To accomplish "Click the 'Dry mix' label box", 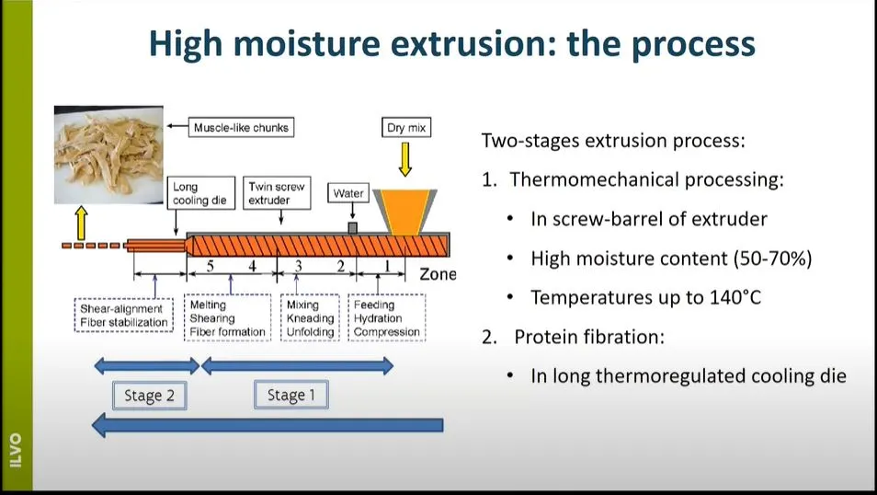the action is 406,128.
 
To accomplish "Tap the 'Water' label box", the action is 348,193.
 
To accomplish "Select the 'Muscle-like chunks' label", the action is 241,128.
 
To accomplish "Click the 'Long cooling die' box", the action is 200,193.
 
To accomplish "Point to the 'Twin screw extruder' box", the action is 277,193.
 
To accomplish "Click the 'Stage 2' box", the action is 149,396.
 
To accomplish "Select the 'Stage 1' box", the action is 290,395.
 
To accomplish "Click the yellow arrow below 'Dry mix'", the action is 405,159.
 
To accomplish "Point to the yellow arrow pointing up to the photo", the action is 82,223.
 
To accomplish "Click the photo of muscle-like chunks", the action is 108,155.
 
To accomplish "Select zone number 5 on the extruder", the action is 210,265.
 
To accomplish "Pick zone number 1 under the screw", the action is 387,265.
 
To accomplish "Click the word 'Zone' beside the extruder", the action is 438,274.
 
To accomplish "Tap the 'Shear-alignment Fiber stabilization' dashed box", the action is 123,316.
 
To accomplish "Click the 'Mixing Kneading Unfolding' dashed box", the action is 310,317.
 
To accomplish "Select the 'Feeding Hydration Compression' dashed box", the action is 386,317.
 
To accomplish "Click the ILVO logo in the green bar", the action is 16,450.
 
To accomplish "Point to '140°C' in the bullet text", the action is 735,297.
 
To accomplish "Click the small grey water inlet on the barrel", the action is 352,228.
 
